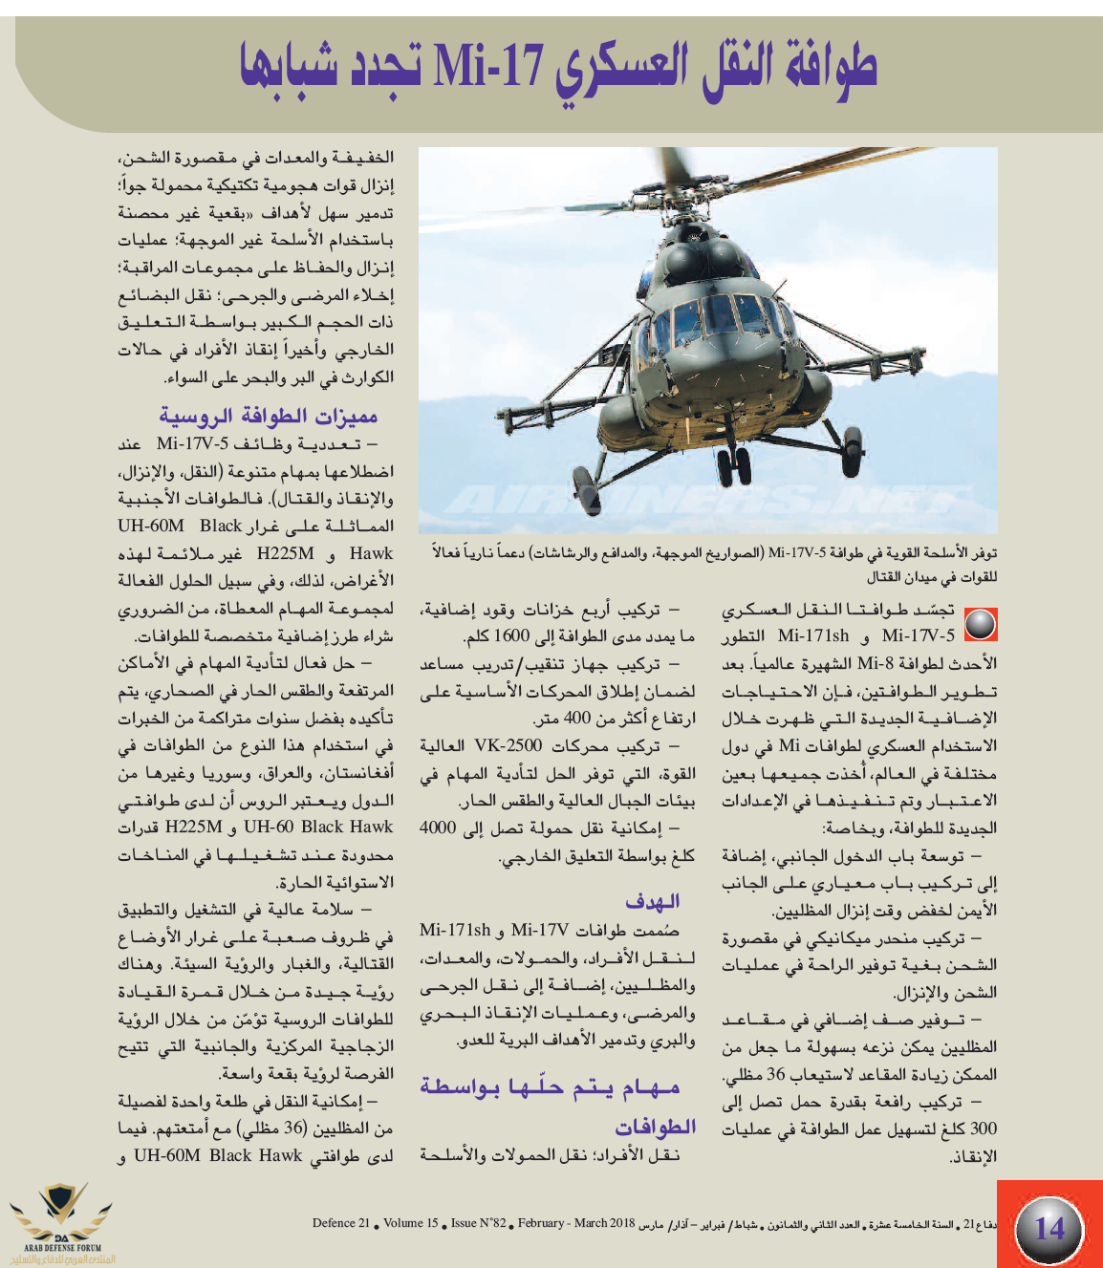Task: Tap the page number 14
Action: [x=1049, y=1227]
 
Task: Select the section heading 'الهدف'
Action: [x=653, y=901]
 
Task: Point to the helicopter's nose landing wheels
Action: [x=734, y=465]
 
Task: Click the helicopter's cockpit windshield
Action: [x=712, y=315]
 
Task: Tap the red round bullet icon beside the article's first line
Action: [x=980, y=624]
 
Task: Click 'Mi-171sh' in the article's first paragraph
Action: [x=812, y=635]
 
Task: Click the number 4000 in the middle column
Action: [x=438, y=827]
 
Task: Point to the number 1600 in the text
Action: [x=511, y=636]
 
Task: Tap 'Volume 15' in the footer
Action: [x=411, y=1223]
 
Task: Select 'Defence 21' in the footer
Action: [x=341, y=1223]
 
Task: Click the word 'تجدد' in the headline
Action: [x=351, y=66]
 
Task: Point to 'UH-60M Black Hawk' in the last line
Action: [x=218, y=1155]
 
